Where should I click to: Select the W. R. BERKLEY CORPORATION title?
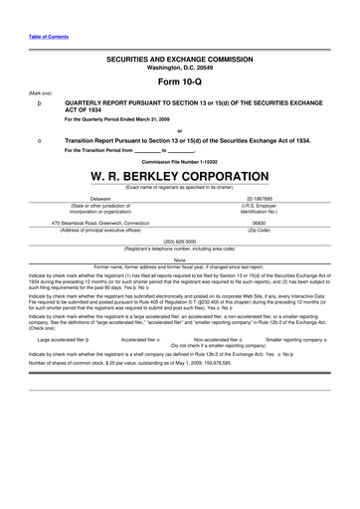tap(179, 175)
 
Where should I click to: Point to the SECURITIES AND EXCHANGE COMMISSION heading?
tap(179, 59)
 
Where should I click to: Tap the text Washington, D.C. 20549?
tap(179, 67)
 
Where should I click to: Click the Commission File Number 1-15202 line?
tap(179, 160)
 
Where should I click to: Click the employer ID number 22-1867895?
tap(260, 199)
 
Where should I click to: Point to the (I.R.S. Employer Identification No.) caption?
tap(260, 210)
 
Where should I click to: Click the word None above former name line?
tap(179, 258)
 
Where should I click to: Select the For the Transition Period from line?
tap(130, 150)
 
